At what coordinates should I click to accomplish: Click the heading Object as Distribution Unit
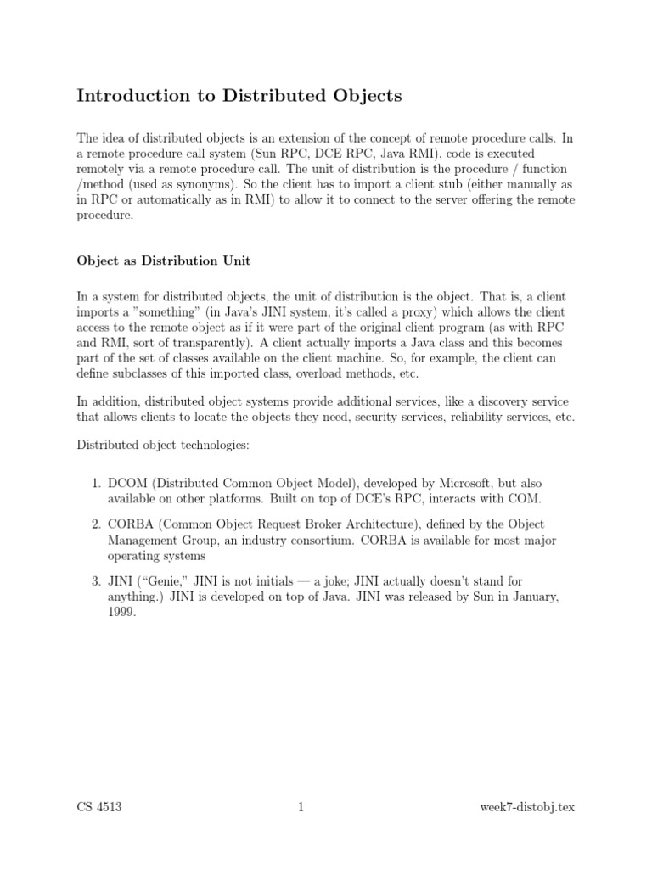[x=163, y=261]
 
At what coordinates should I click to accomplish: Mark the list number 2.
[x=95, y=524]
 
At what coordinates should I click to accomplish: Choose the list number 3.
[x=95, y=582]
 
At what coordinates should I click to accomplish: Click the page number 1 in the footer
[x=301, y=807]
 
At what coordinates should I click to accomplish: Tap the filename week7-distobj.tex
[x=527, y=807]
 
